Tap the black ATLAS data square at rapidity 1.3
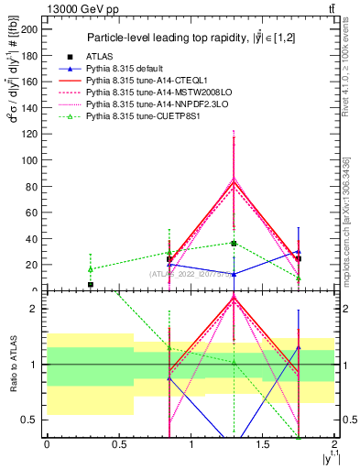[x=235, y=243]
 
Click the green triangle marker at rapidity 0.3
[x=90, y=269]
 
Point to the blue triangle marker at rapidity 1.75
[x=299, y=252]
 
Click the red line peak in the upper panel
[x=235, y=181]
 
